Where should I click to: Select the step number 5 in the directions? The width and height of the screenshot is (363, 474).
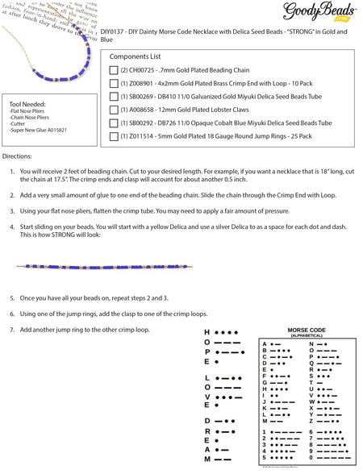tap(12, 297)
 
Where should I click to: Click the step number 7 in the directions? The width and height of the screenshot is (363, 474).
tap(12, 330)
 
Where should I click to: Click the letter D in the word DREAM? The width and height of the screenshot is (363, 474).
tap(207, 420)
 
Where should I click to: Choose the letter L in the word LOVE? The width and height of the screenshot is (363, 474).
tap(207, 376)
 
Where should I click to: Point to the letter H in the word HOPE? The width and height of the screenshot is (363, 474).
tap(207, 332)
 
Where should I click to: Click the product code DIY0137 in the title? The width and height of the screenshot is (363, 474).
tap(116, 31)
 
